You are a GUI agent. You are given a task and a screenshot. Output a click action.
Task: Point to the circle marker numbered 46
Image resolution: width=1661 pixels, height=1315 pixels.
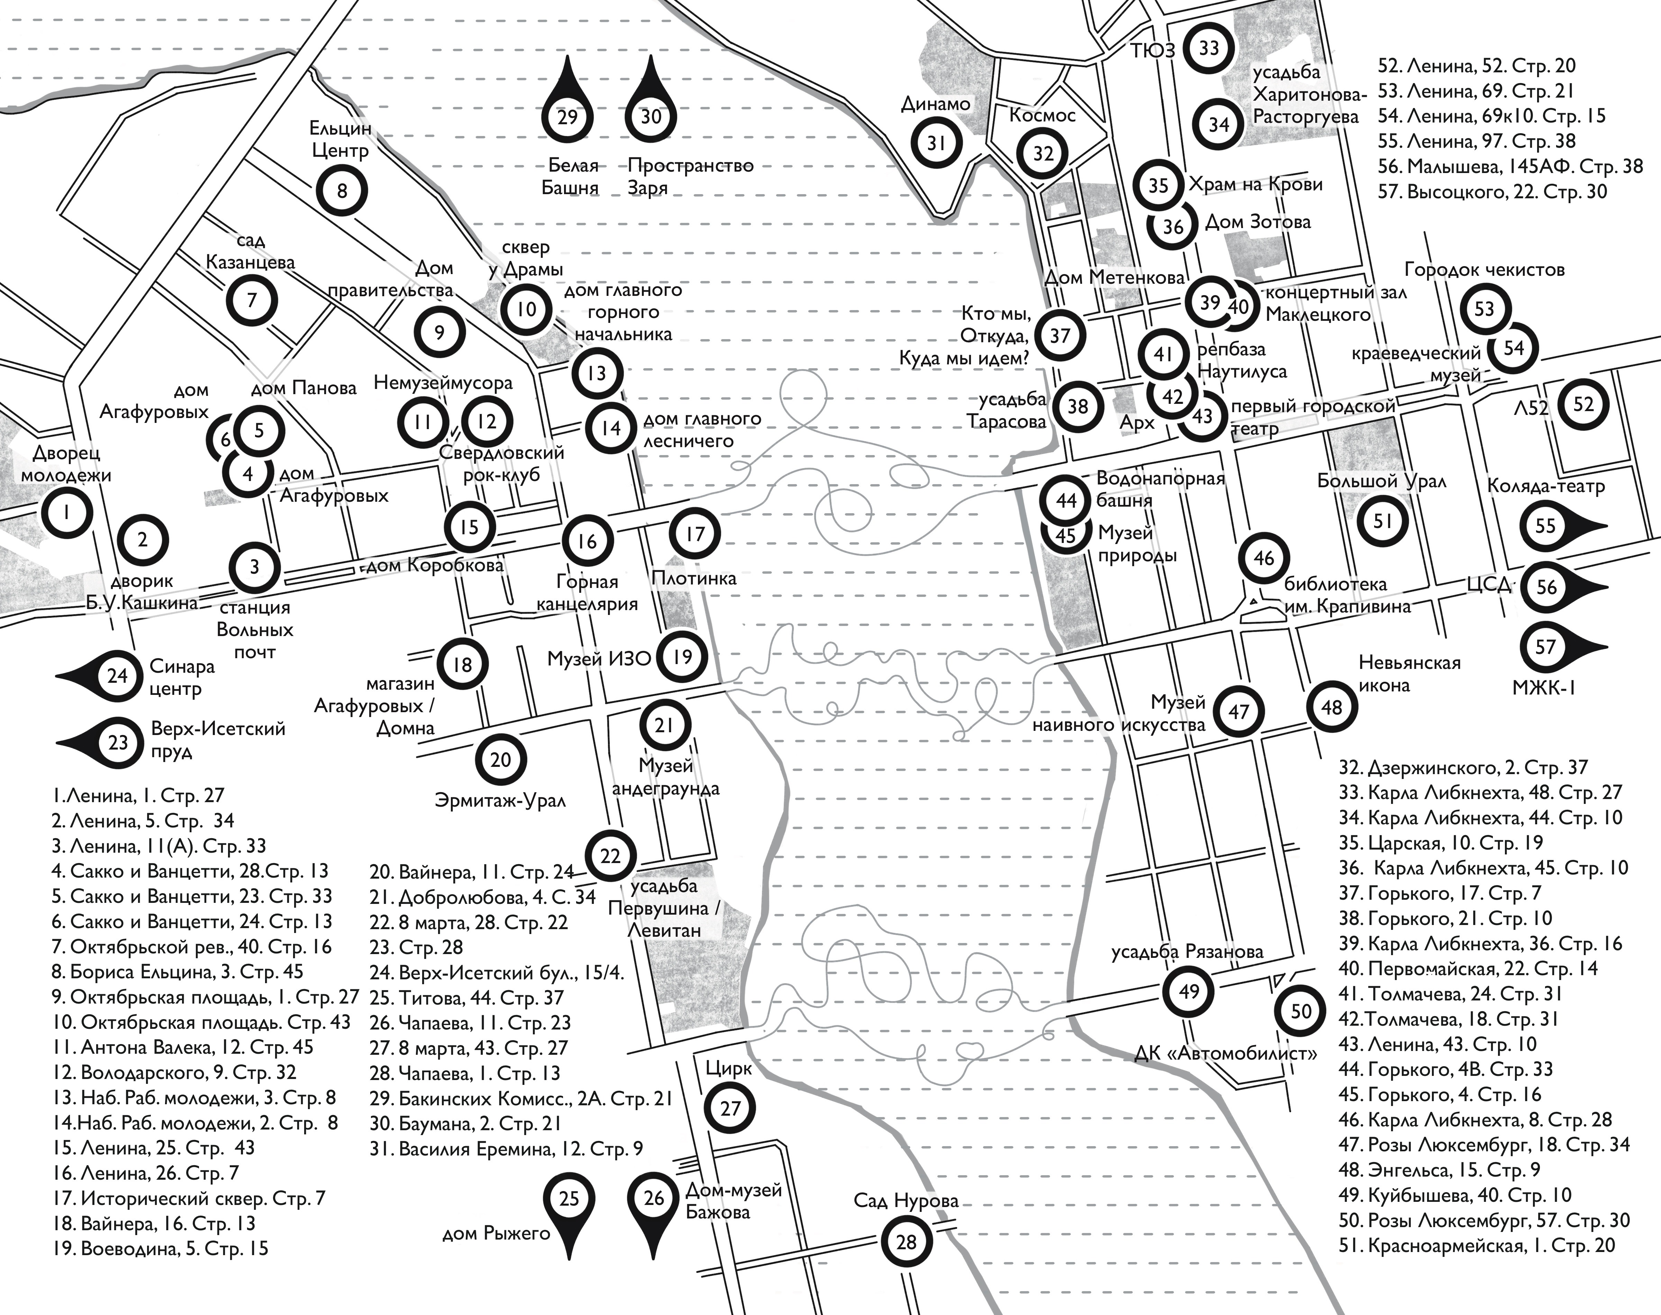pos(1264,558)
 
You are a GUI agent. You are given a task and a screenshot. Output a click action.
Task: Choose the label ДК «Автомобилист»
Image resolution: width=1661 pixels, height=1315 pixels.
pos(1225,1052)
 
